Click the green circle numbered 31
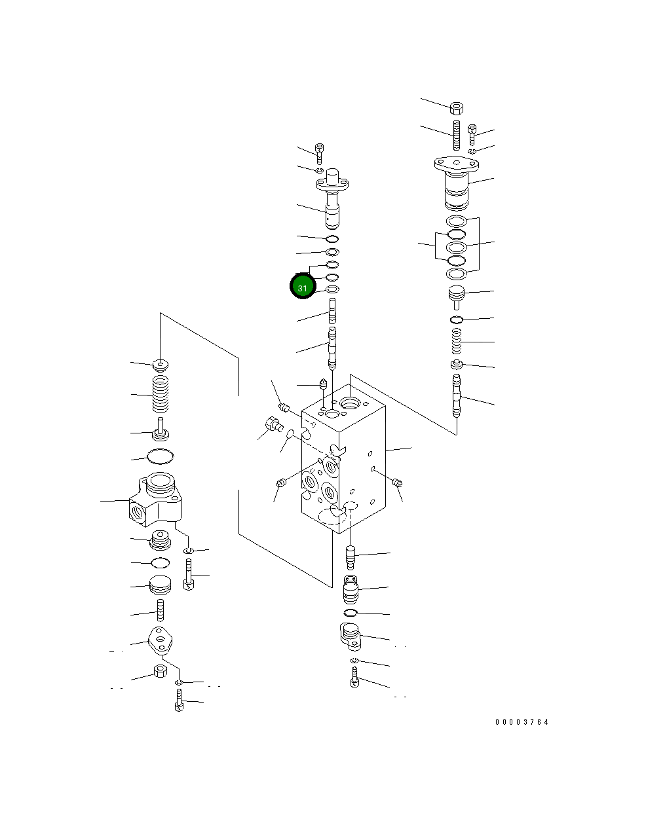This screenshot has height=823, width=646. pos(302,285)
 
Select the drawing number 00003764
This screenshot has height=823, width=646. pos(522,722)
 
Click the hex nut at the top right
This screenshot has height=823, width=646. pos(457,108)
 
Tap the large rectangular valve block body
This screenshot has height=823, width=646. pos(343,459)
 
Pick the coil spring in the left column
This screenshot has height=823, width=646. pos(161,394)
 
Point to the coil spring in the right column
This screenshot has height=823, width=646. pos(457,341)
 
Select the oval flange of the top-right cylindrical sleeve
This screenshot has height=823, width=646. pos(456,164)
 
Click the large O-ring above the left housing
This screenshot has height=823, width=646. pos(161,456)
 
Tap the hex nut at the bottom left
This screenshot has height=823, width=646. pos(161,672)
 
